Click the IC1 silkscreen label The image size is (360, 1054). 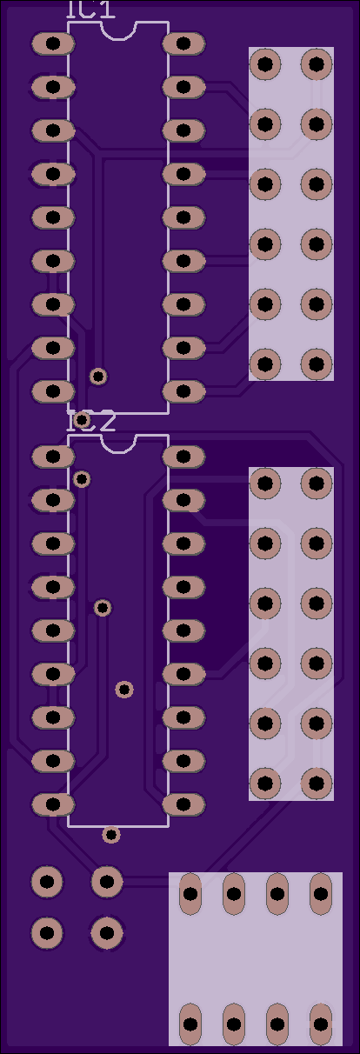click(90, 10)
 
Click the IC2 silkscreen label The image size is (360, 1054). click(90, 422)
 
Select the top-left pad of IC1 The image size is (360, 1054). click(53, 43)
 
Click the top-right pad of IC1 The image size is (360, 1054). click(183, 43)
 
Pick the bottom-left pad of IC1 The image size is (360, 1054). click(53, 391)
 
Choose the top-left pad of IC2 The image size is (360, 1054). click(53, 457)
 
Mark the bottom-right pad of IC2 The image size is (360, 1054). click(183, 804)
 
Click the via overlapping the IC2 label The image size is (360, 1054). click(82, 419)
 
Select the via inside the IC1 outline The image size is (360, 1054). click(98, 377)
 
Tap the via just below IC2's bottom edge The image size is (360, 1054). click(111, 835)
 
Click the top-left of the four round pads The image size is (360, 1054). click(47, 881)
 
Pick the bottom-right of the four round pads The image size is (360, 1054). click(107, 932)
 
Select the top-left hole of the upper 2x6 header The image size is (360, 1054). click(265, 64)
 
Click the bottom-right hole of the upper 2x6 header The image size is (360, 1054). click(317, 364)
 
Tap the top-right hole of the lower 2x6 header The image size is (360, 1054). click(317, 484)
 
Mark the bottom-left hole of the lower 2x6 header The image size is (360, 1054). click(265, 783)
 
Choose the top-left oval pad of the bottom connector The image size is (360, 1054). click(190, 894)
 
